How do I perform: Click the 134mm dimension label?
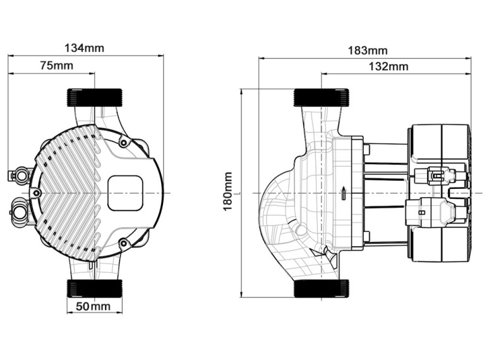click(x=84, y=48)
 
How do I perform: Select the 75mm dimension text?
click(x=57, y=66)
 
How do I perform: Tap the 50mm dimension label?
click(x=94, y=306)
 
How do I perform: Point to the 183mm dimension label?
click(x=368, y=51)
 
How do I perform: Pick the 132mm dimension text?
click(x=389, y=66)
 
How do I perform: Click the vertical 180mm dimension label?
click(x=228, y=191)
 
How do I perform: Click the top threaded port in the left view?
click(x=95, y=97)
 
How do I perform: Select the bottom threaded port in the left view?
click(x=95, y=288)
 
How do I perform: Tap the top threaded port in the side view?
click(x=321, y=97)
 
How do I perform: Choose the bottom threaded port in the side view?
click(x=321, y=289)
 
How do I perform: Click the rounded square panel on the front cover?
click(x=125, y=193)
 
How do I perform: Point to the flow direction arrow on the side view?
click(x=343, y=194)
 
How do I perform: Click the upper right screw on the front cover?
click(x=123, y=143)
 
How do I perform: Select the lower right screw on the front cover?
click(x=123, y=243)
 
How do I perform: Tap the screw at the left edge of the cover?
click(x=37, y=193)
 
